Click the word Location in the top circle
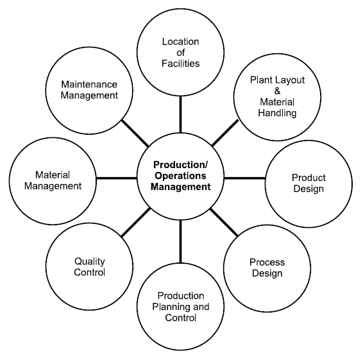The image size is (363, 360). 181,42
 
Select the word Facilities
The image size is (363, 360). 181,64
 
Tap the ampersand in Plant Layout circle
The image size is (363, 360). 277,91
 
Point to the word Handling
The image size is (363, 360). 277,113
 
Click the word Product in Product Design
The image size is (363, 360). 308,178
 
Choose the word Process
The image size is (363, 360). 267,262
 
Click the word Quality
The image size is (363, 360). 90,262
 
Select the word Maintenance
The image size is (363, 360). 89,84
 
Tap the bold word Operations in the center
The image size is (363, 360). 180,176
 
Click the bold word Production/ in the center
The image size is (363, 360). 181,165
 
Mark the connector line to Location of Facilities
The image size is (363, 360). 181,114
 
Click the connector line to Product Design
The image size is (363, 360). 245,178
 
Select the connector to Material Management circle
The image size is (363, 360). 117,178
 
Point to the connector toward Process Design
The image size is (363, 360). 224,223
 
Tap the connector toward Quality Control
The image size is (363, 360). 136,223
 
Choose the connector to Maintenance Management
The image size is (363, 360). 135,133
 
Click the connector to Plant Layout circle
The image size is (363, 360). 225,133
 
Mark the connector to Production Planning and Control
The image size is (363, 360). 181,242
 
